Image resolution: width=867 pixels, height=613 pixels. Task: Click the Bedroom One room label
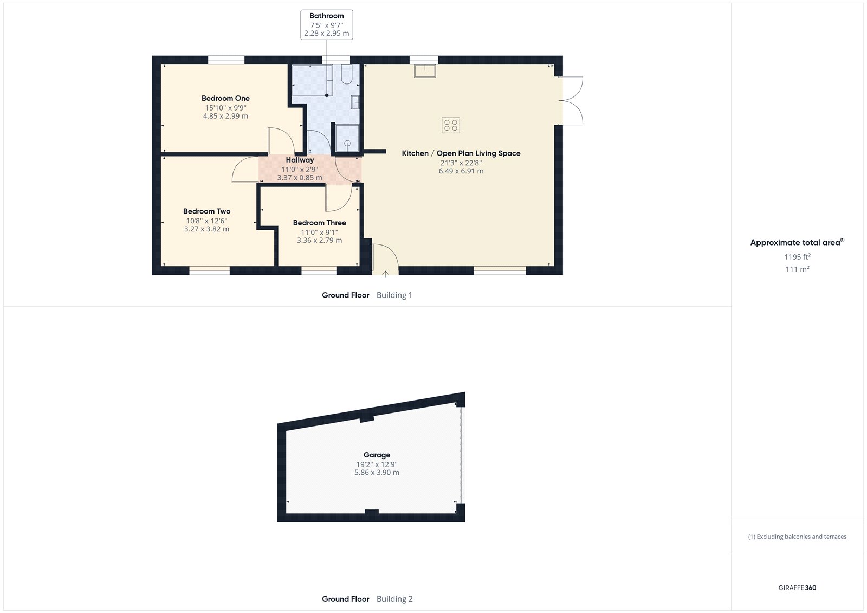[x=225, y=98]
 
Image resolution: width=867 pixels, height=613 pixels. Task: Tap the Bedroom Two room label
[x=206, y=211]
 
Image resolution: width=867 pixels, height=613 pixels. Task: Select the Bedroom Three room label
[x=319, y=223]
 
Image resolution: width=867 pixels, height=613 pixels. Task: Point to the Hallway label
[x=300, y=160]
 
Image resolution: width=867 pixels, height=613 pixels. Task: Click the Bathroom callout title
[x=326, y=16]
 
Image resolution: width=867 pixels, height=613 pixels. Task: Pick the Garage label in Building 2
[x=377, y=455]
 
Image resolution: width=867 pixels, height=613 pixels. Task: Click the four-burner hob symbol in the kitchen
[x=451, y=125]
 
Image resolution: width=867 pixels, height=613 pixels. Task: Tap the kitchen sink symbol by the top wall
[x=425, y=70]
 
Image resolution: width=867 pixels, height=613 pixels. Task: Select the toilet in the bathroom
[x=347, y=74]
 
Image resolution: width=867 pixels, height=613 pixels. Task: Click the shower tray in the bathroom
[x=347, y=138]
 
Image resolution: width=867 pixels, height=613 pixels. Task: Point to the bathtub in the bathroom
[x=312, y=80]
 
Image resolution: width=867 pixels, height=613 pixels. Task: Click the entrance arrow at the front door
[x=385, y=274]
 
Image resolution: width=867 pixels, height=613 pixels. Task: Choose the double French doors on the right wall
[x=571, y=101]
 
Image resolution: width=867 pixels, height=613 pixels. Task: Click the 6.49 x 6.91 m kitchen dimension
[x=461, y=171]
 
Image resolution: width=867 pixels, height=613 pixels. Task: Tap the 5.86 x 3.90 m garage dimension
[x=377, y=473]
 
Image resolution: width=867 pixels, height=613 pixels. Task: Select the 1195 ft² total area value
[x=797, y=257]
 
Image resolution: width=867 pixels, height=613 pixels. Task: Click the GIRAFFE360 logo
[x=797, y=588]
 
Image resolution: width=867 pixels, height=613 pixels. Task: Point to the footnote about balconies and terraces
[x=797, y=537]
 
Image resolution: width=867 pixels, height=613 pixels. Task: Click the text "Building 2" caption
[x=394, y=599]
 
